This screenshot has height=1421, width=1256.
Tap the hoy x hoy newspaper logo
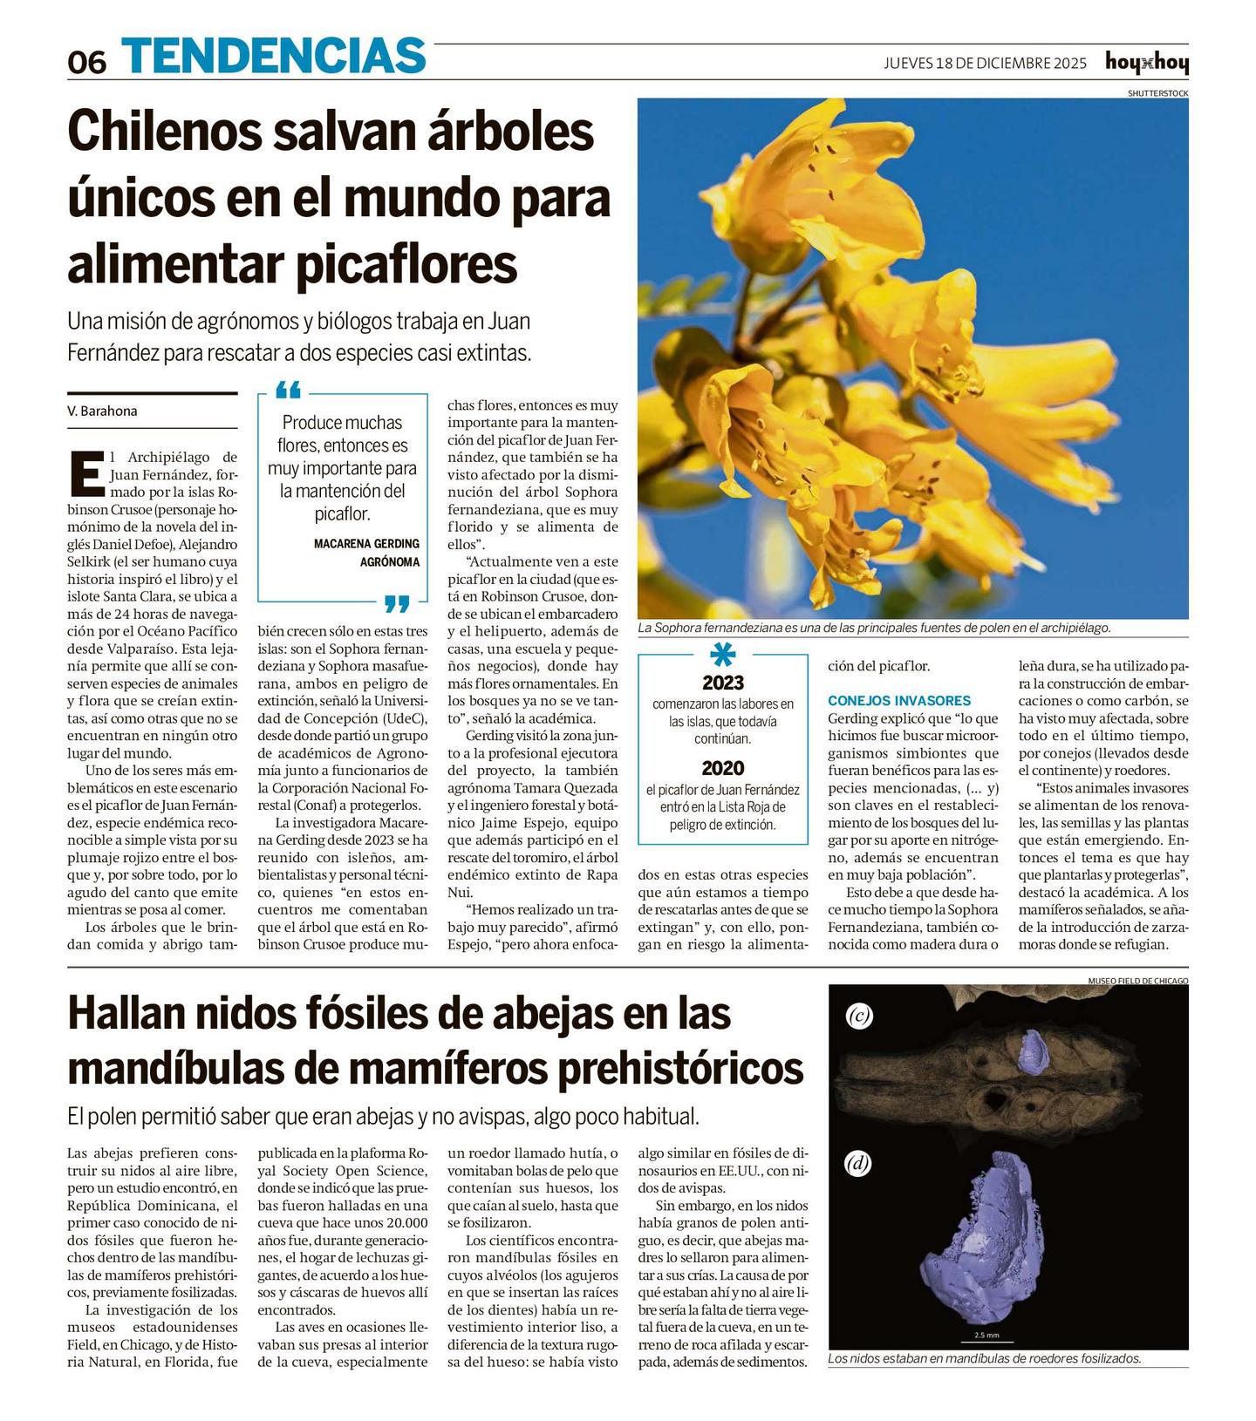[1146, 63]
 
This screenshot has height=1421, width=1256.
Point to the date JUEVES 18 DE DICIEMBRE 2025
[985, 63]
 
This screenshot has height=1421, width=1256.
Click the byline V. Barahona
[102, 411]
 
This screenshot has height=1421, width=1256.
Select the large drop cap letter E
[86, 473]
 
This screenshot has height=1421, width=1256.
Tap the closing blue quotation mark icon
[397, 603]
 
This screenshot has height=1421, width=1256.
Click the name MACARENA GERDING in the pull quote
[366, 543]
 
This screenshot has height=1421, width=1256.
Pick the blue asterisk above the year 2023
[723, 655]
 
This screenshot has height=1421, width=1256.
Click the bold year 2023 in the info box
[723, 683]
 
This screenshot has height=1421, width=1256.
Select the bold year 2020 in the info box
[723, 768]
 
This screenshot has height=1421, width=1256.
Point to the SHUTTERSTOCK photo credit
[1157, 92]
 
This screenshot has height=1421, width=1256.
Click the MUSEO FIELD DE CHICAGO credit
[1137, 981]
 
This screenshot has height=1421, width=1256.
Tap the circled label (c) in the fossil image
[859, 1015]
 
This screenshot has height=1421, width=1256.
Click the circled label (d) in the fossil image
[858, 1163]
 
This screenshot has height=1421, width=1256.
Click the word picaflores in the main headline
[406, 263]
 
